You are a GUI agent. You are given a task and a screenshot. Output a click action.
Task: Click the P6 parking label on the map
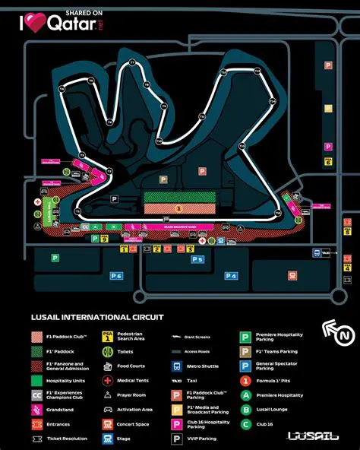[x=115, y=276]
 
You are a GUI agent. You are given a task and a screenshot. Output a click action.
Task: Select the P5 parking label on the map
[x=197, y=260]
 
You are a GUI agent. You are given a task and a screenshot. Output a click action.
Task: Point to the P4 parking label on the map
[x=231, y=275]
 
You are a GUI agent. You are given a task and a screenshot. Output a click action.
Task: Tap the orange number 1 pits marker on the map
[x=178, y=207]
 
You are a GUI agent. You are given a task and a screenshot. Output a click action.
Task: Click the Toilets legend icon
[x=107, y=350]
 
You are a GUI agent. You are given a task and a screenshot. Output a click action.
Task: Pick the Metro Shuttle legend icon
[x=176, y=365]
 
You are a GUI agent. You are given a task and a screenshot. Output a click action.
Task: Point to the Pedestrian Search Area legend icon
[x=107, y=336]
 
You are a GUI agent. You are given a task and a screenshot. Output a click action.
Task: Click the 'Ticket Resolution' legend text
[x=66, y=439]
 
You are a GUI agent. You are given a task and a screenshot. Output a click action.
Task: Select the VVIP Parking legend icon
[x=176, y=439]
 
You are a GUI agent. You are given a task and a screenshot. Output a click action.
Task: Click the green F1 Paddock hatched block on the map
[x=178, y=197]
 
